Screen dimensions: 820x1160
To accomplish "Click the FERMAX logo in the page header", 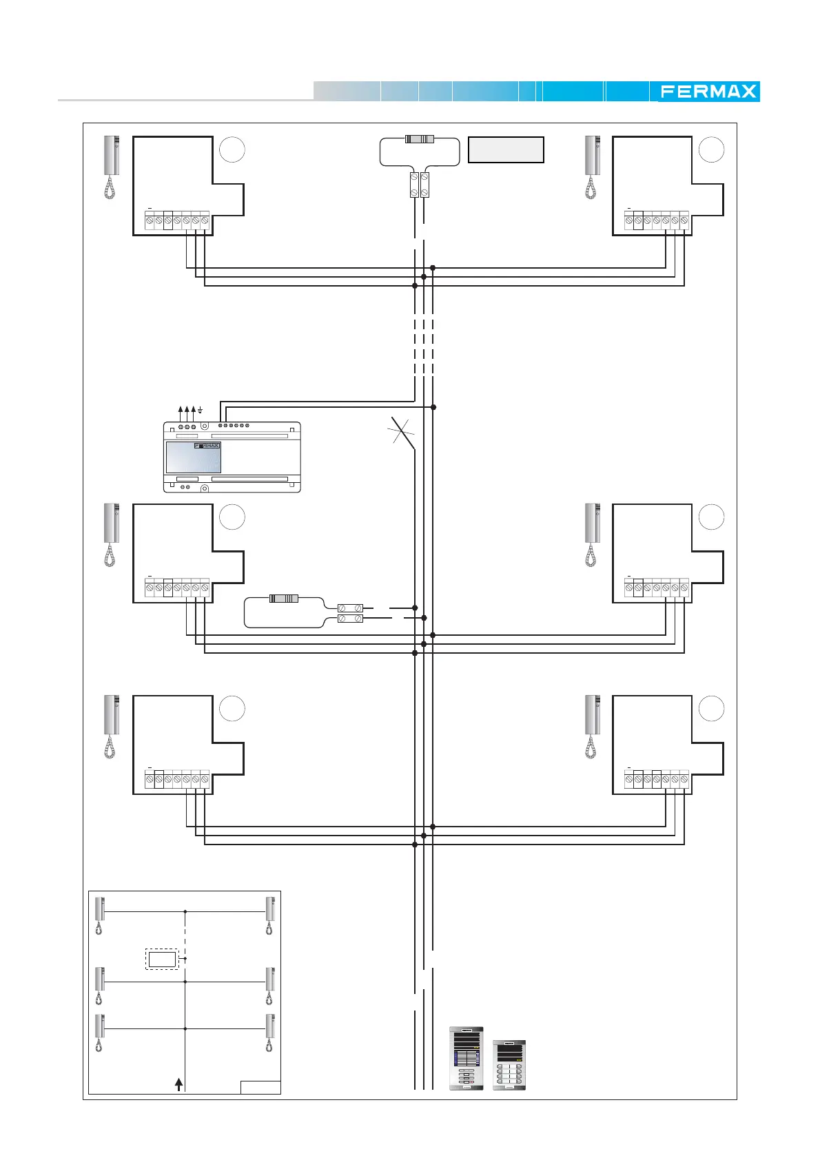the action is click(708, 92).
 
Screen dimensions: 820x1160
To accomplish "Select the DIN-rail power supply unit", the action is click(232, 457).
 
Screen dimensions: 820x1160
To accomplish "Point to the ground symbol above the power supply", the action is click(200, 410).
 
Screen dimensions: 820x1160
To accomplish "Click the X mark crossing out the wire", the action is click(401, 431).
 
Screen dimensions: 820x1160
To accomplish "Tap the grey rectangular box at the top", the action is click(506, 149).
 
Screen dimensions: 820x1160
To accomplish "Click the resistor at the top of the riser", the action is click(419, 138).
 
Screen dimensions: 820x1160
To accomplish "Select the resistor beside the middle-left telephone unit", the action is click(284, 599).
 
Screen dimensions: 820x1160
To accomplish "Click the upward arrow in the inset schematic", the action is click(178, 1084).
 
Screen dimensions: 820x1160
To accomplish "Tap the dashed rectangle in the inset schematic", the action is click(162, 959).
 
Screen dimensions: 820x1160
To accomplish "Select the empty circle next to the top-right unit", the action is click(711, 149).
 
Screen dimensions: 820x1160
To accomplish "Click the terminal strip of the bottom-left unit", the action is click(177, 779).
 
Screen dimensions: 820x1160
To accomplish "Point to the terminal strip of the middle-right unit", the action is click(656, 588).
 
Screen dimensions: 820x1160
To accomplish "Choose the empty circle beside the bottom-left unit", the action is click(232, 708).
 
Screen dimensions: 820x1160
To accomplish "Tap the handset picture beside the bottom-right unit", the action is click(592, 727).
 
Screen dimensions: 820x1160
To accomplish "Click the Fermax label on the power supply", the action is click(207, 446).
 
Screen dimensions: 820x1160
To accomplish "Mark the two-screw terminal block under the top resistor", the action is click(420, 185).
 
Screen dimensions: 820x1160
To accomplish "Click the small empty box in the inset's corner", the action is click(260, 1088).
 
